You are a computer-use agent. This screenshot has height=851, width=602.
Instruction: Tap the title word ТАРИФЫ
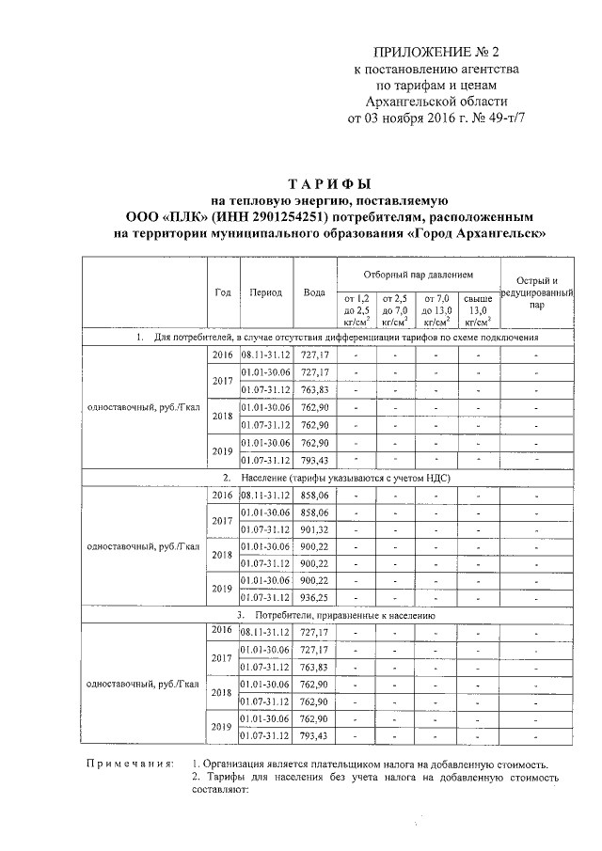pyautogui.click(x=329, y=182)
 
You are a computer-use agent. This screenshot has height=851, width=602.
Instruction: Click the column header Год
pyautogui.click(x=223, y=292)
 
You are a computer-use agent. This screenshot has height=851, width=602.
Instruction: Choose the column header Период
pyautogui.click(x=265, y=292)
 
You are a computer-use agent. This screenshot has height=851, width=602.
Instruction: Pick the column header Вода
pyautogui.click(x=314, y=292)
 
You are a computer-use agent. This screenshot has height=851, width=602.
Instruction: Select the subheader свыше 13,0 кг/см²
pyautogui.click(x=478, y=309)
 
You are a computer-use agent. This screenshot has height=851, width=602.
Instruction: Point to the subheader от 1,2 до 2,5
pyautogui.click(x=357, y=309)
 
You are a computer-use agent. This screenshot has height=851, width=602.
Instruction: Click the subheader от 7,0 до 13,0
pyautogui.click(x=437, y=309)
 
